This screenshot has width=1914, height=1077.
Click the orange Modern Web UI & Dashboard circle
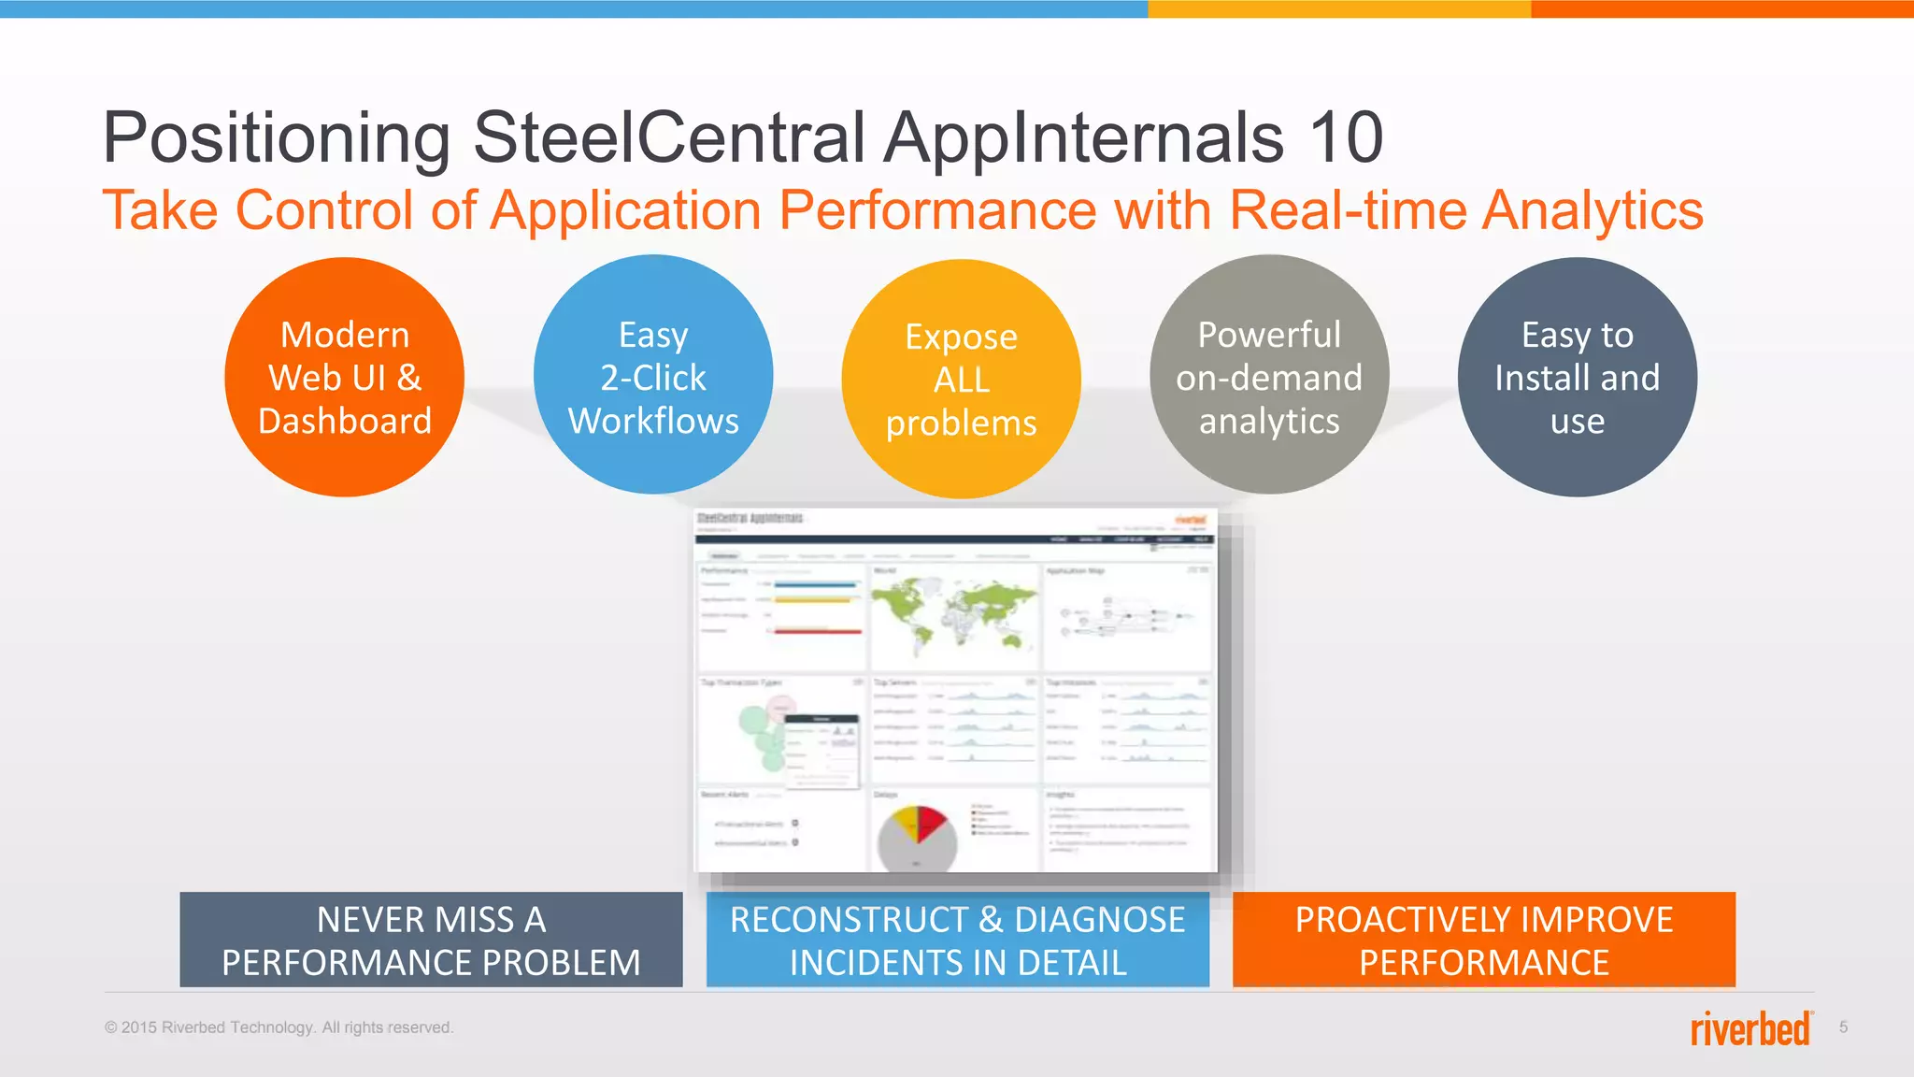tap(344, 377)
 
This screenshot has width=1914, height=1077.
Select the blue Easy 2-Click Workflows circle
tap(653, 375)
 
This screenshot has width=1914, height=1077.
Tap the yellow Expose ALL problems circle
tap(961, 379)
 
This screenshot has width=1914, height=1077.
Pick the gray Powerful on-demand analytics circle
tap(1269, 375)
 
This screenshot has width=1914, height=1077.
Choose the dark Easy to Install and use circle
tap(1577, 377)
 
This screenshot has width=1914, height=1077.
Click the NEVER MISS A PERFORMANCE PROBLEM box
tap(431, 940)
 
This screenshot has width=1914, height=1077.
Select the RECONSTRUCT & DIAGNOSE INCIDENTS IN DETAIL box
tap(957, 940)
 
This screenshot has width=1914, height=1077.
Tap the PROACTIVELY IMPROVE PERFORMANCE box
tap(1483, 940)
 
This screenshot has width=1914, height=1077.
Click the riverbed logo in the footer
tap(1750, 1028)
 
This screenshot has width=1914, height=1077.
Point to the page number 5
tap(1843, 1027)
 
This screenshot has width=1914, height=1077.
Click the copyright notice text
tap(279, 1027)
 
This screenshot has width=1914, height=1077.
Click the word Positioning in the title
tap(277, 137)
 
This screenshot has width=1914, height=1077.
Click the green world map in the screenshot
tap(953, 612)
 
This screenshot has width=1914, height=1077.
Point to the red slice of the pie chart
tap(931, 822)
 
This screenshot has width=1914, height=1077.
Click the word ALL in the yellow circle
tap(961, 380)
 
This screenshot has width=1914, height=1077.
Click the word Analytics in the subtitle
tap(1593, 209)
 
